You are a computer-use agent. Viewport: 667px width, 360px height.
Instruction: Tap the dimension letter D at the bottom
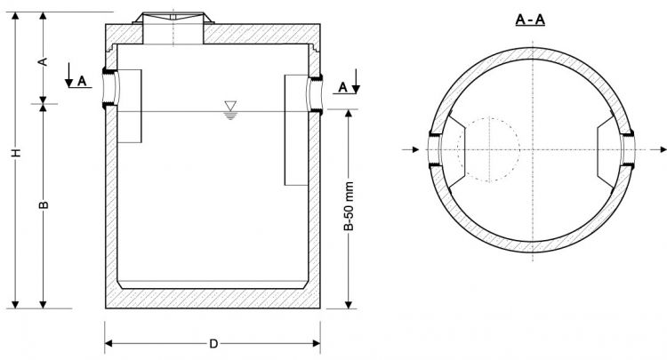[x=213, y=343]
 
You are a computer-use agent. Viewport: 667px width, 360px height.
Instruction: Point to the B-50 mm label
[x=349, y=208]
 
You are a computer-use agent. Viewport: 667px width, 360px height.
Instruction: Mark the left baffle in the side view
[x=129, y=106]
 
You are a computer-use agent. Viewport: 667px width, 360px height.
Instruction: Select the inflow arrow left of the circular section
[x=413, y=149]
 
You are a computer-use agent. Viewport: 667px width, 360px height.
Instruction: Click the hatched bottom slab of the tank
[x=213, y=299]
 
